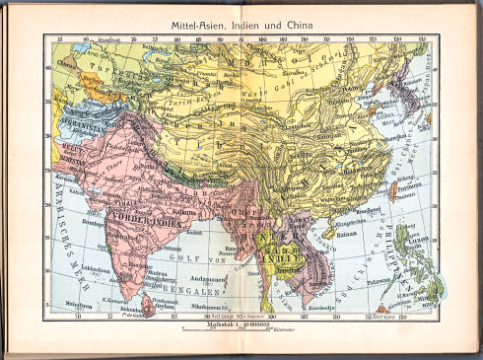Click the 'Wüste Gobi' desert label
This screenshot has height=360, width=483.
pos(293,91)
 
